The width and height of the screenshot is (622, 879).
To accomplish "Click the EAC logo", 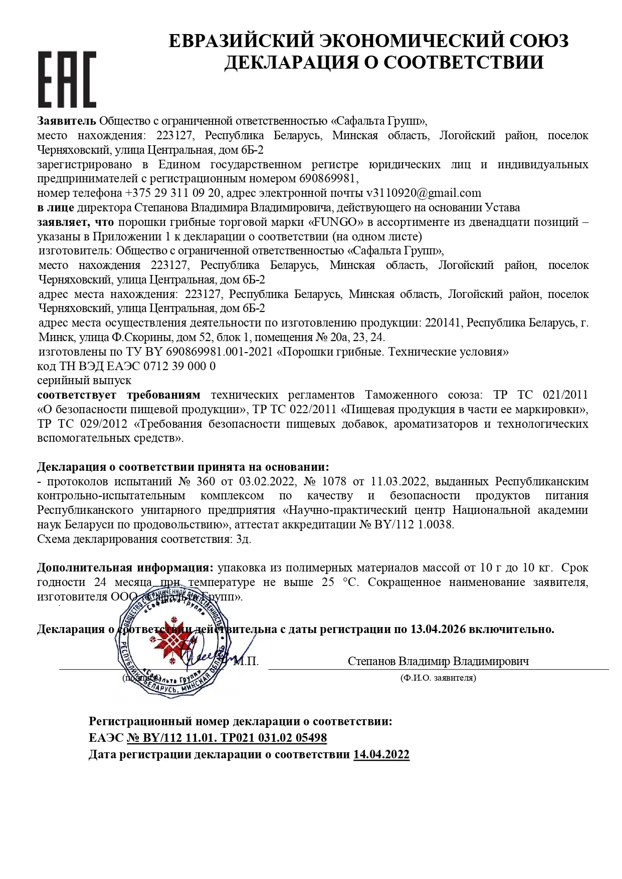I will [x=67, y=79].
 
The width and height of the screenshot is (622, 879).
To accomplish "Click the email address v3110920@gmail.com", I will [x=424, y=193].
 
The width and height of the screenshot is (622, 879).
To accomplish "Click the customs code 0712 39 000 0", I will [x=179, y=366].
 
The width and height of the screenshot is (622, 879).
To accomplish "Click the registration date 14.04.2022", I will [x=381, y=754].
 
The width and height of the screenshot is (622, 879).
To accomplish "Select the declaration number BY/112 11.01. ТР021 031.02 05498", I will [x=227, y=738].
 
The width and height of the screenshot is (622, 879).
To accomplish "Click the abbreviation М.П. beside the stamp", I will [x=246, y=662].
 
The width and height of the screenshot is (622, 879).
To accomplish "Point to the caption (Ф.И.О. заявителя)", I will [x=438, y=678].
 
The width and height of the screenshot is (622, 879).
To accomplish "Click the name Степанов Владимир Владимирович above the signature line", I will [x=438, y=662].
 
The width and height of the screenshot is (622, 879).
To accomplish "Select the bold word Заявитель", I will [x=67, y=121].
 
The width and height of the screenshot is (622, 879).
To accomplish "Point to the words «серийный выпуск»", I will [x=84, y=381].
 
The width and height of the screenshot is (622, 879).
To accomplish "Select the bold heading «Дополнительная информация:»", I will [x=125, y=568].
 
